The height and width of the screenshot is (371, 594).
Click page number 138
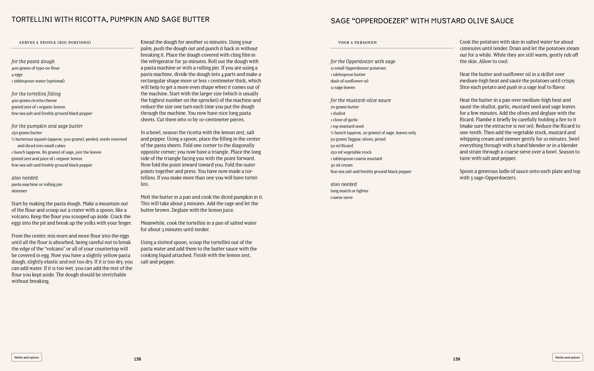pos(137,359)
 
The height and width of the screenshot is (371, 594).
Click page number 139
pos(456,359)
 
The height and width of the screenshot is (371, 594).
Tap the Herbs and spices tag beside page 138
pos(27,357)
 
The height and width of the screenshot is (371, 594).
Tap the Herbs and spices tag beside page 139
pos(567,357)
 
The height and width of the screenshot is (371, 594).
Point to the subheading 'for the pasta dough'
pos(33,61)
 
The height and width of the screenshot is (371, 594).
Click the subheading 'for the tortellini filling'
pos(36,94)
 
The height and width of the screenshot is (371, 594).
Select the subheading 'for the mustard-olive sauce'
pos(361,100)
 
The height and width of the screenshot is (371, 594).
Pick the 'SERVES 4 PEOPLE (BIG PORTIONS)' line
pos(55,42)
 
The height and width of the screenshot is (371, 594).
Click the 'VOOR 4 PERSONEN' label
pos(357,42)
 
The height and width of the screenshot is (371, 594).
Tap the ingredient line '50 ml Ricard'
pos(342,146)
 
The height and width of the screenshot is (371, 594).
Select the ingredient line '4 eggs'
pos(17,75)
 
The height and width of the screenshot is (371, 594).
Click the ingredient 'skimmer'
pos(19,191)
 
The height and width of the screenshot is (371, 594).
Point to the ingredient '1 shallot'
pos(338,113)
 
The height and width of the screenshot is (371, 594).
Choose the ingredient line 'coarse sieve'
pos(341,198)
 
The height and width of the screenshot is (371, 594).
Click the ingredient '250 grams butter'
pos(27,133)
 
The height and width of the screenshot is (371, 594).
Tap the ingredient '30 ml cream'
pos(341,165)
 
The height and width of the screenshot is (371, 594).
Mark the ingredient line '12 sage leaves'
pos(342,88)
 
